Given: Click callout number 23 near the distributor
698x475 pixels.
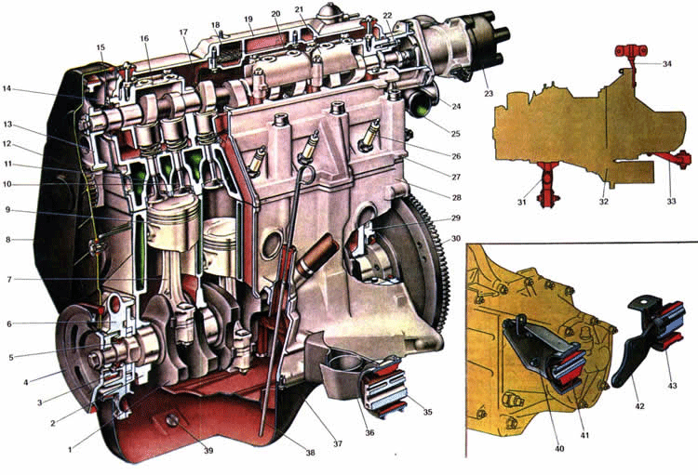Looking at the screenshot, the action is click(489, 93).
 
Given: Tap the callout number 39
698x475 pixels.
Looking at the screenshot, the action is click(208, 451).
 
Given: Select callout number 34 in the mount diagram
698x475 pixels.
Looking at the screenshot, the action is click(666, 63).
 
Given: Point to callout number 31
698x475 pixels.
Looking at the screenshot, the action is click(521, 203).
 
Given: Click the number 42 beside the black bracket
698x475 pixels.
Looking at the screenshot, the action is click(639, 406).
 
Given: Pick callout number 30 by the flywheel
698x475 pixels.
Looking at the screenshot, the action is click(455, 239).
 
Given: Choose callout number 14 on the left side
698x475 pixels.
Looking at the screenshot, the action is click(7, 88).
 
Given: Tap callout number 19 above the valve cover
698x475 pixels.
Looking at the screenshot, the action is click(248, 20).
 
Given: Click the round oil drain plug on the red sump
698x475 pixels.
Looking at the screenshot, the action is click(171, 420).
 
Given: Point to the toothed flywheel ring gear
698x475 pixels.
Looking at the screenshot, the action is click(432, 262).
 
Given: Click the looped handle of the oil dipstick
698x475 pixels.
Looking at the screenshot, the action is click(307, 175).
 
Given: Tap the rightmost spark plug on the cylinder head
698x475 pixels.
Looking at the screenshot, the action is click(370, 134).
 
